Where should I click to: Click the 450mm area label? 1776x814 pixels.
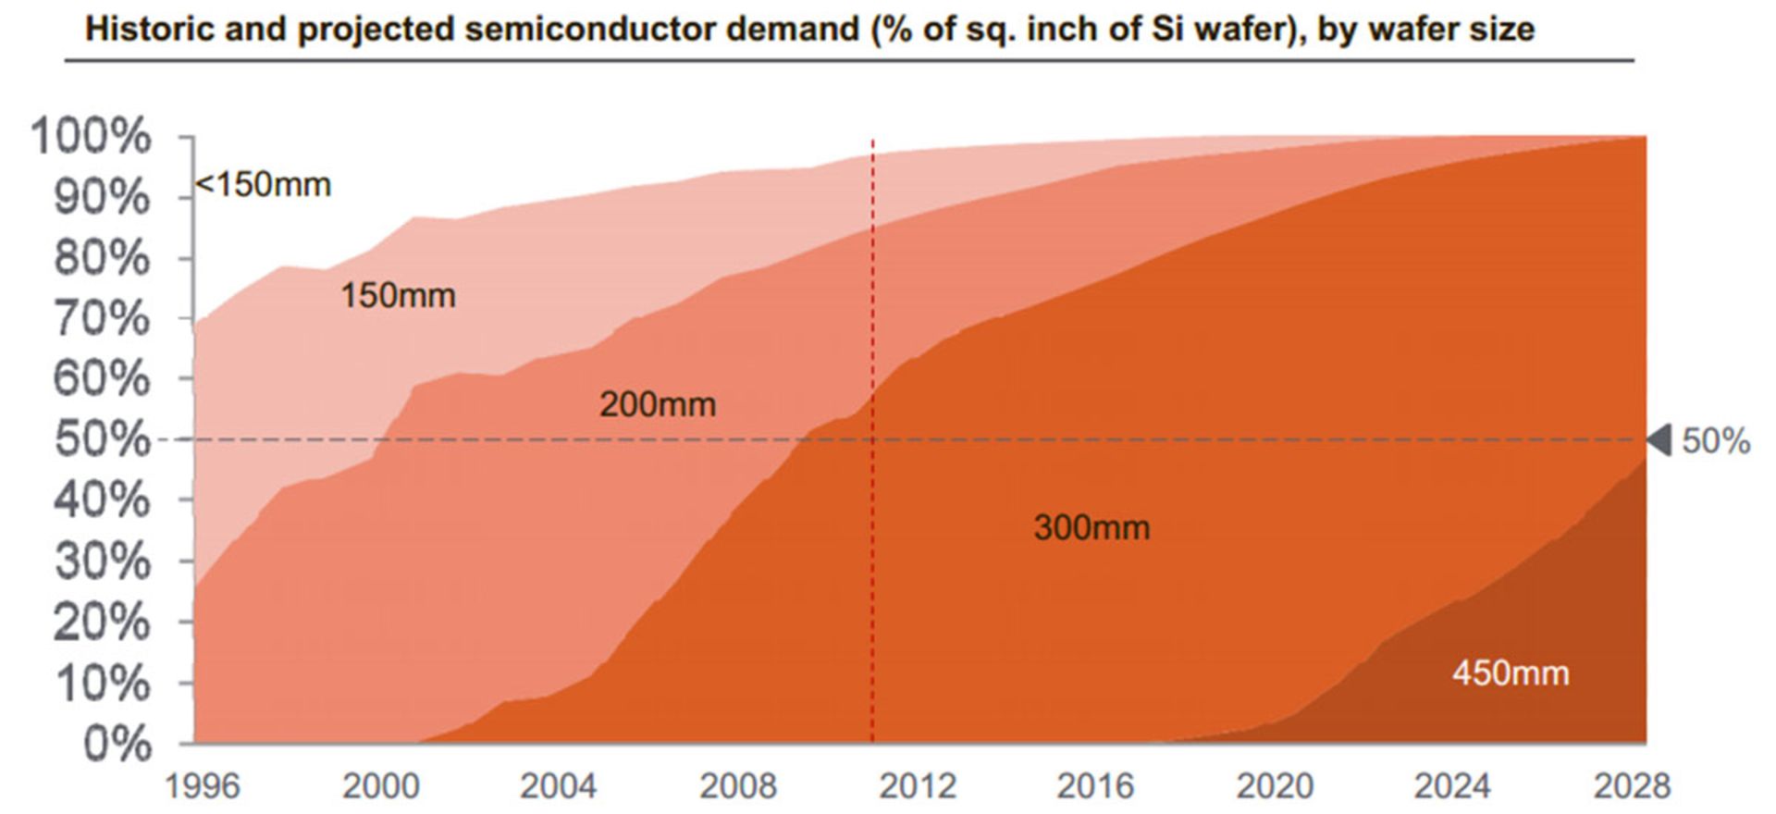[1510, 672]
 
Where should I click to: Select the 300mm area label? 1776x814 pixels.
[1091, 528]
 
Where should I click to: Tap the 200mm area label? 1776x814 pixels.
[657, 405]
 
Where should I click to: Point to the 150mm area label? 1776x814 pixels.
[398, 296]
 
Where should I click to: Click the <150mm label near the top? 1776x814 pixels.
[263, 185]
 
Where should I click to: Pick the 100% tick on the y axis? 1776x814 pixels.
[91, 137]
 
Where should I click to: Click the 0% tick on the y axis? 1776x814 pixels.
[117, 744]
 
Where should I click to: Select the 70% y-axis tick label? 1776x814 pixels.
[101, 319]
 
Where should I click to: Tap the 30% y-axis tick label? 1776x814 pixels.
[101, 561]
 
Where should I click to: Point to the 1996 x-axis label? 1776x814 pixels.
[202, 787]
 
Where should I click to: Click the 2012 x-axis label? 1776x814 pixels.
[917, 787]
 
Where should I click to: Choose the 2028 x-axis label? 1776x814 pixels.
[1632, 787]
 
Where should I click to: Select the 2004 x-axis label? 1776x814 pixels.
[558, 787]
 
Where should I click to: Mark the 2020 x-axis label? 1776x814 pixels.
[1275, 787]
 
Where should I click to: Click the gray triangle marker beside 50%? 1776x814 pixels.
[1660, 440]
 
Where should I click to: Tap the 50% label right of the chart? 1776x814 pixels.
[1716, 441]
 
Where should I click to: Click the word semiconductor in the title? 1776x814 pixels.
[590, 30]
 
